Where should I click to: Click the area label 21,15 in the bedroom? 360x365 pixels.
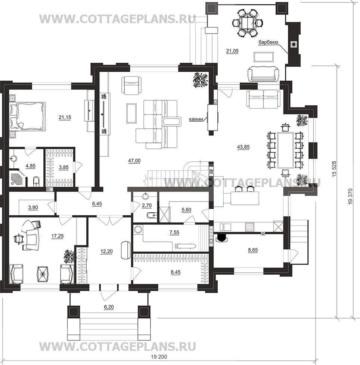click(65, 117)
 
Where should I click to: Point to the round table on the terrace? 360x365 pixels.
click(247, 23)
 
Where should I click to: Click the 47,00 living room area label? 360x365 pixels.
click(134, 160)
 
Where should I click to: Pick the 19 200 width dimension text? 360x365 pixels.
click(159, 357)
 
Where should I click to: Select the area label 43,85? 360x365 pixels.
click(243, 147)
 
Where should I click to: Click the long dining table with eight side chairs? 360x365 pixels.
click(285, 150)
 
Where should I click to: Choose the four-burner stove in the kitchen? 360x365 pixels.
click(249, 227)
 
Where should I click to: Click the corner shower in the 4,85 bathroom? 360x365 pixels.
click(17, 178)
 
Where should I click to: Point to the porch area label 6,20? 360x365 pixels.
click(109, 307)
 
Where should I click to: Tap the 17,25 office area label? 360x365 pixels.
click(58, 236)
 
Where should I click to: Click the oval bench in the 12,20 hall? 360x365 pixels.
click(126, 250)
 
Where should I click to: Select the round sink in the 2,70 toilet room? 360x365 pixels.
click(146, 196)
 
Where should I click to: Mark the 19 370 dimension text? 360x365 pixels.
click(351, 196)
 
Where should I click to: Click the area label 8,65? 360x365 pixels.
click(253, 250)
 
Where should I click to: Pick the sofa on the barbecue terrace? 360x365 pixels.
click(263, 74)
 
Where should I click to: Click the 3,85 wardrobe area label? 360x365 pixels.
click(63, 167)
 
